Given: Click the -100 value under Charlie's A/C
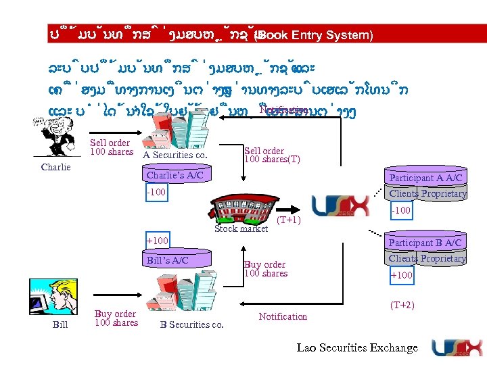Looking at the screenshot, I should (157, 193).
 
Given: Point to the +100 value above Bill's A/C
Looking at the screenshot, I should (158, 241).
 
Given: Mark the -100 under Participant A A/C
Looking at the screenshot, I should (402, 211).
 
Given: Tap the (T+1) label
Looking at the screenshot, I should (289, 220).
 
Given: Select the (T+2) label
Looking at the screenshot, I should (402, 305).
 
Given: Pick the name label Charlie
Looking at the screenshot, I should (55, 167).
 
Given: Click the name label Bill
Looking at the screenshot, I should (60, 325).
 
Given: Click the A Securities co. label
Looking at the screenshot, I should (175, 155).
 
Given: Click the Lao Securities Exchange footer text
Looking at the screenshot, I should (357, 347).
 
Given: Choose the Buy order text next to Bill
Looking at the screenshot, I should (116, 318).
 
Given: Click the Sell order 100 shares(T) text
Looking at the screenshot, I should (272, 155).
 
